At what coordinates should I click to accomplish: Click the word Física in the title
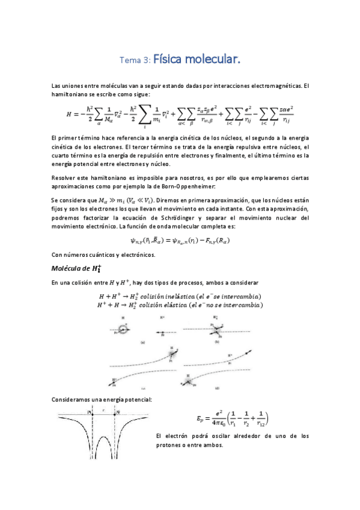[170, 60]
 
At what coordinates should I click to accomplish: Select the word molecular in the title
[215, 60]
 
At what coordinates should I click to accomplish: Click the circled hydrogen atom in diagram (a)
[124, 329]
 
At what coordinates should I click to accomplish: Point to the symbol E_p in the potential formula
[201, 419]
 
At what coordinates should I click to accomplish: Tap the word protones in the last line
[169, 445]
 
